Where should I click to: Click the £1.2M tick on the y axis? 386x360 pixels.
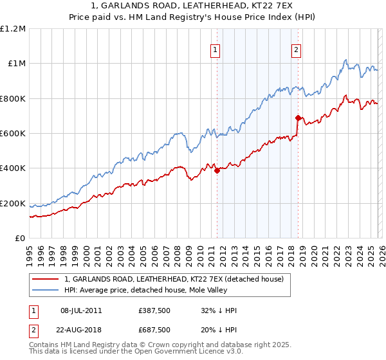13,29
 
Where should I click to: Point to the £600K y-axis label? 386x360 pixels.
13,134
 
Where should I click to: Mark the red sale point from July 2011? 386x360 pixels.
217,170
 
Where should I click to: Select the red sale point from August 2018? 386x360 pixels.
298,118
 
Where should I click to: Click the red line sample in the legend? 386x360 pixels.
45,279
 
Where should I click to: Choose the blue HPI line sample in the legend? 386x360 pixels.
45,290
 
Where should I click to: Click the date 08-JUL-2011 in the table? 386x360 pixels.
80,310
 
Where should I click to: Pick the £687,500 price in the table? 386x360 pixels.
154,330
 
